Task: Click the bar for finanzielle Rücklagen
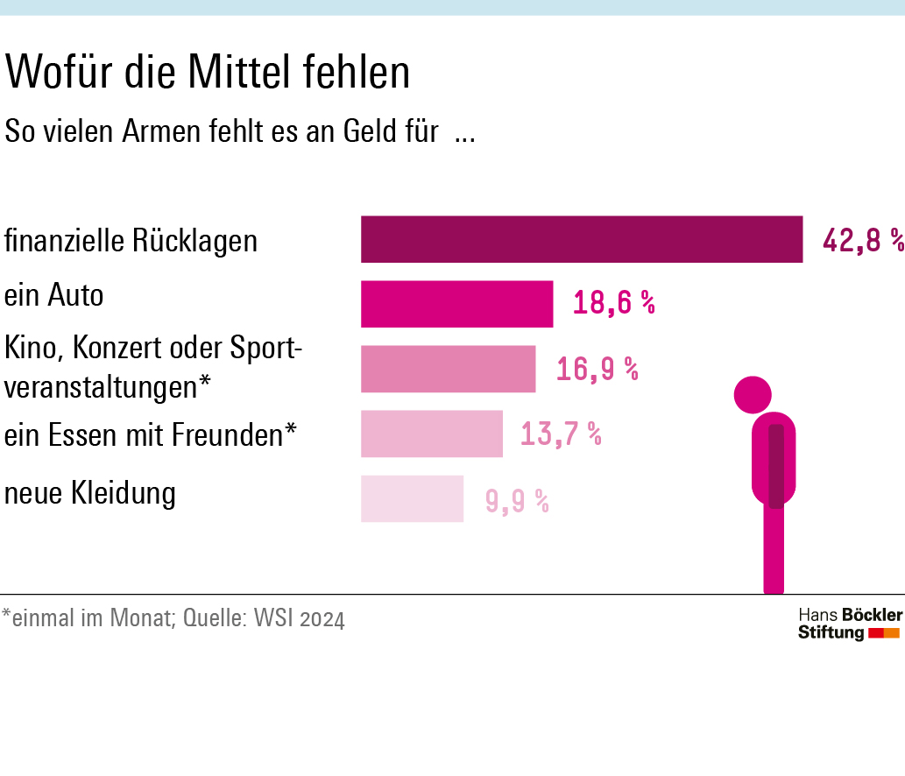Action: (x=582, y=239)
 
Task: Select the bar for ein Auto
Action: (x=456, y=304)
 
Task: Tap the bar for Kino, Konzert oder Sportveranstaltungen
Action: (x=448, y=369)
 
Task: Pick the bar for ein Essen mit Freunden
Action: (x=432, y=434)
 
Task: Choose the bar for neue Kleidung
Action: (x=412, y=498)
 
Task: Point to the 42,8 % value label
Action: (x=863, y=240)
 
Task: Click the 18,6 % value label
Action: (x=614, y=304)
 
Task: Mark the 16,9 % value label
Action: (x=597, y=369)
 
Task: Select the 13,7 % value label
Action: (x=561, y=434)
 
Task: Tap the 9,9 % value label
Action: (x=517, y=501)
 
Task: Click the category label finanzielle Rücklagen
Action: (x=131, y=240)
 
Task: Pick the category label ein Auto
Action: (x=54, y=295)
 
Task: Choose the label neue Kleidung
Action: (x=90, y=493)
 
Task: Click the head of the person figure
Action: (x=753, y=394)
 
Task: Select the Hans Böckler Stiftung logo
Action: (x=849, y=623)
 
